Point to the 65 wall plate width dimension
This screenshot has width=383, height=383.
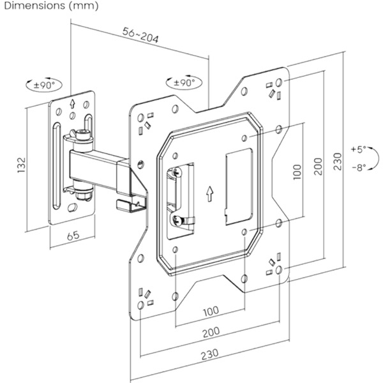point(73,236)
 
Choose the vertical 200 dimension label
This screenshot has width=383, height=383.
point(326,168)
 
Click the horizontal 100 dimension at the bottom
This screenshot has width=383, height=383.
point(211,311)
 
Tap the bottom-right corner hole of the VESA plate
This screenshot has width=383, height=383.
point(281,271)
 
